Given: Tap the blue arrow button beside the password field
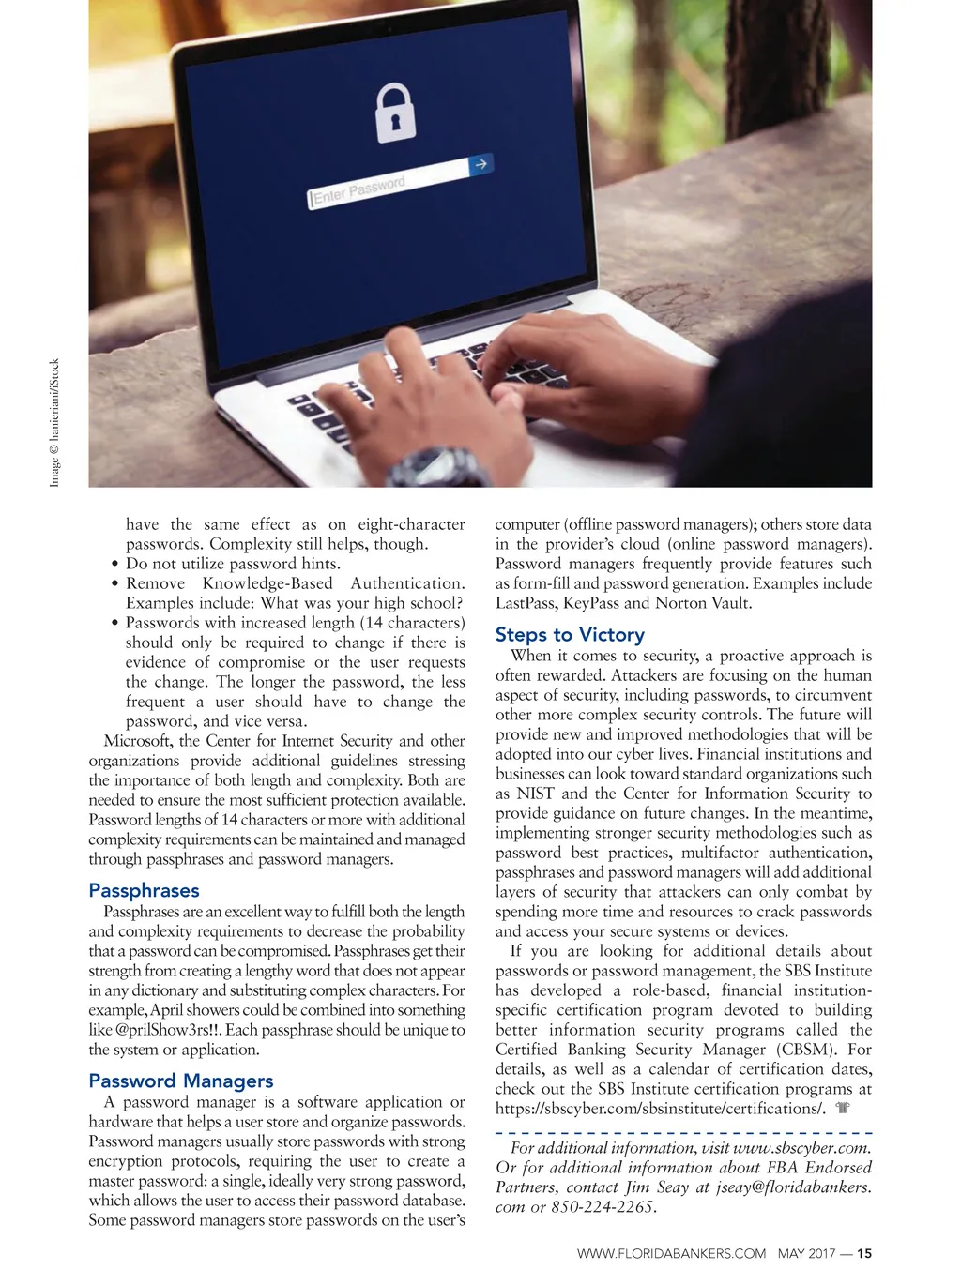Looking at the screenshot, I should (x=480, y=165).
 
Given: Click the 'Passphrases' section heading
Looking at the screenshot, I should (x=144, y=890).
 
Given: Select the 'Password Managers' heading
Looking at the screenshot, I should (x=181, y=1081).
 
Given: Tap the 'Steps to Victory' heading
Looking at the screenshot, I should (x=570, y=635).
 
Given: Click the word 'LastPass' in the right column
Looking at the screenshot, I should (x=526, y=603).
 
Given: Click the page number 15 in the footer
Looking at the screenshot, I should (x=864, y=1253).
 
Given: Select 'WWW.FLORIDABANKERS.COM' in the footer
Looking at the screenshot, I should (x=671, y=1253).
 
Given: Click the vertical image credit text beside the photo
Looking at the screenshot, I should (x=54, y=422).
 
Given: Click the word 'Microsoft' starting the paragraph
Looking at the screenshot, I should (x=138, y=741).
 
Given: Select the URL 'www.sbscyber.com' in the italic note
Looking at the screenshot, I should (x=801, y=1148).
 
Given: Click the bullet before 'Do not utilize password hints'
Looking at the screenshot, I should (x=114, y=565).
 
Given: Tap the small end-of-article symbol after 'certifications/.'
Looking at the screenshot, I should (x=842, y=1109).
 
